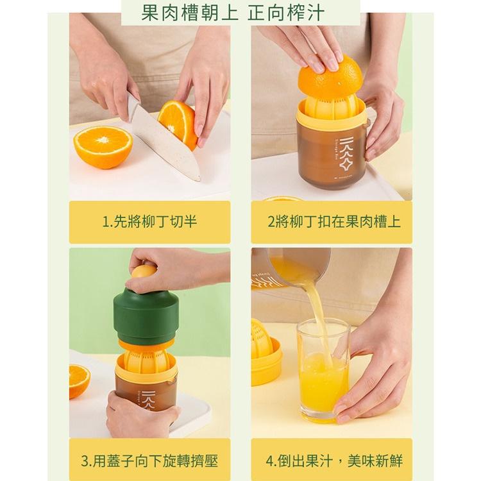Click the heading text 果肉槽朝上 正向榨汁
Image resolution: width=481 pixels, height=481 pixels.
240,12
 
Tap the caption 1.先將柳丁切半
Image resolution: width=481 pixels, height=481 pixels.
149,222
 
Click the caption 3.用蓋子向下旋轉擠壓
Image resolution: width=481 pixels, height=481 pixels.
149,460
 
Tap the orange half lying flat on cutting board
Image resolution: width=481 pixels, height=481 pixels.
103,146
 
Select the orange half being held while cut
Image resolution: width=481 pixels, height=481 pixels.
178,122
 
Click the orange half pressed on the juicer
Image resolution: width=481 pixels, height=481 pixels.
330,76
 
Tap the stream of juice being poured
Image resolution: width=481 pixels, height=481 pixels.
317,314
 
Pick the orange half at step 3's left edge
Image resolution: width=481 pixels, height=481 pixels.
79,380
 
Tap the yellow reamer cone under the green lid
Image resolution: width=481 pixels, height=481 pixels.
149,359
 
